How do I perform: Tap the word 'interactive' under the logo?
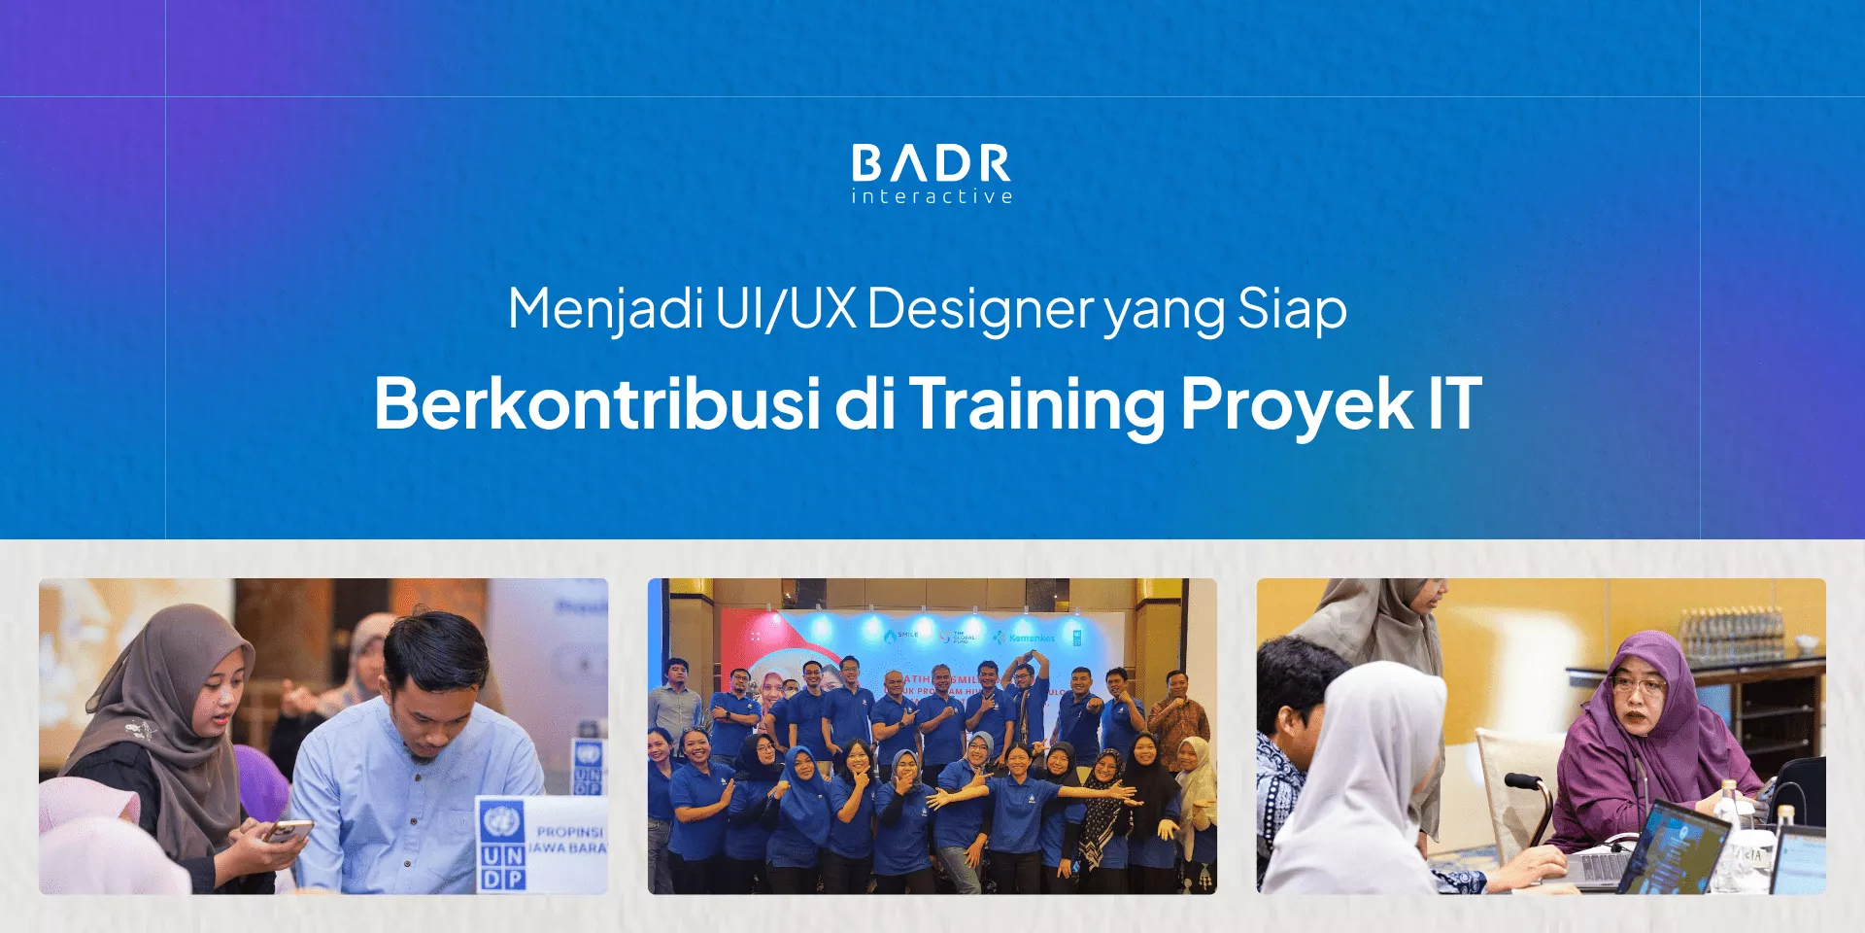coord(932,196)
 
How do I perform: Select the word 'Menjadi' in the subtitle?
coord(605,309)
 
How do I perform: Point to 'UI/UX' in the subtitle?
coord(786,309)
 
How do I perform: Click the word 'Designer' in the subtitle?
coord(980,309)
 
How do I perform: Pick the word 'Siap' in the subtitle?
coord(1292,309)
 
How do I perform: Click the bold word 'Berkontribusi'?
coord(597,403)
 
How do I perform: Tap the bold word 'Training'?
coord(1036,403)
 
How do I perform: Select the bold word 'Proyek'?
coord(1297,403)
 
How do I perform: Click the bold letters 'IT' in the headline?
coord(1454,403)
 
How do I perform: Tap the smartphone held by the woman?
coord(288,831)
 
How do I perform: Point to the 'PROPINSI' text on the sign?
coord(570,832)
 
